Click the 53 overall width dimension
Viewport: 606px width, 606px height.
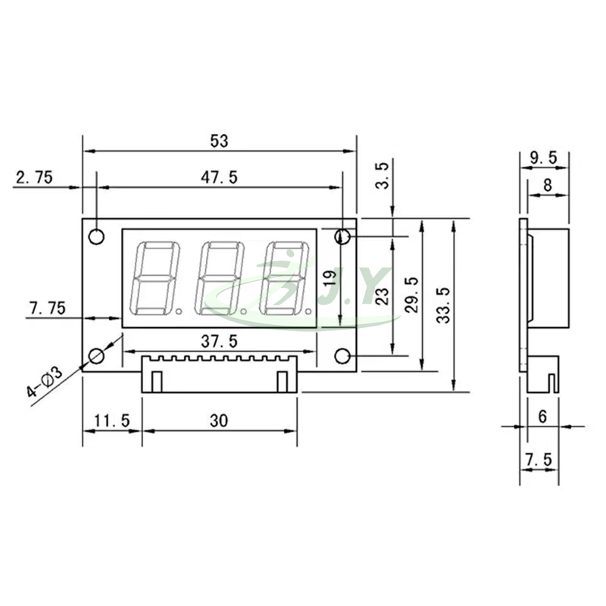click(220, 141)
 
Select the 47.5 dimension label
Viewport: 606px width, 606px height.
click(220, 178)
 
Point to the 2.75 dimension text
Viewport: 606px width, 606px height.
click(34, 178)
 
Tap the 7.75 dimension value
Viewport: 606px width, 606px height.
click(47, 308)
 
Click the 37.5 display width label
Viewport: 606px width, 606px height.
click(219, 342)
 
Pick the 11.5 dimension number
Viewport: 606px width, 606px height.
click(111, 420)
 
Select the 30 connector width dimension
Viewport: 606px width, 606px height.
click(220, 420)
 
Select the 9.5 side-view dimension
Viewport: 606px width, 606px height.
click(543, 158)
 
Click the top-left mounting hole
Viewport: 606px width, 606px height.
click(96, 236)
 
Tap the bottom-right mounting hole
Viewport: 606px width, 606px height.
click(342, 356)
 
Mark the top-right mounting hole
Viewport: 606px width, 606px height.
click(342, 237)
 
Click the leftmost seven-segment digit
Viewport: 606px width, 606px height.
click(155, 279)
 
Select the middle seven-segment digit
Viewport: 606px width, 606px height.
click(220, 279)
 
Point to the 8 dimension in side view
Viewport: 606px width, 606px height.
click(548, 184)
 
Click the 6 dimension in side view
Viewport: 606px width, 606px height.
click(542, 416)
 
